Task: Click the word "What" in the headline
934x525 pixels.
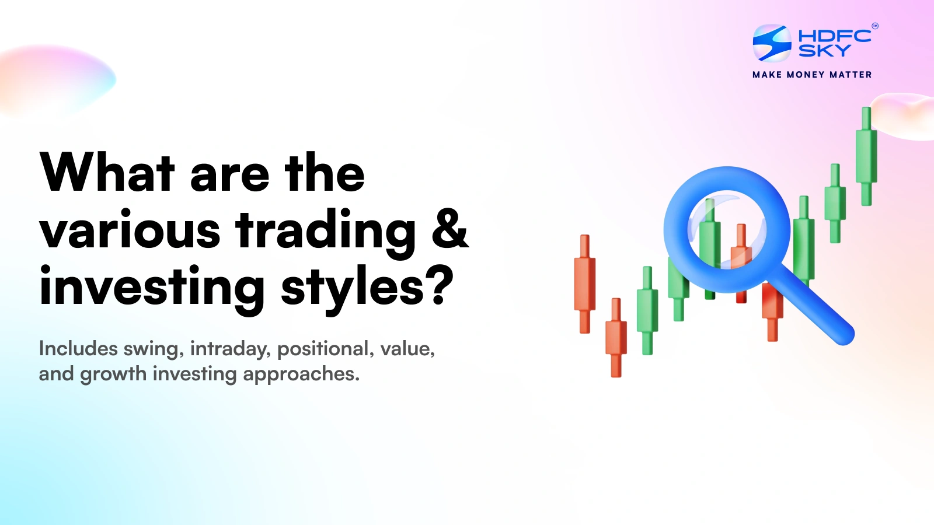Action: click(x=107, y=173)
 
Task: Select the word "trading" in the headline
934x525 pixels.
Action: click(x=326, y=231)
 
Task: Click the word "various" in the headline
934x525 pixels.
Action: click(x=130, y=231)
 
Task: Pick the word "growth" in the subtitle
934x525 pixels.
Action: click(x=113, y=374)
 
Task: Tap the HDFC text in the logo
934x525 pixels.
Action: click(x=835, y=36)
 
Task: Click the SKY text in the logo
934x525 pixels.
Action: click(x=824, y=51)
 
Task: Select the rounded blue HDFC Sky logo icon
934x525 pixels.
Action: click(x=772, y=43)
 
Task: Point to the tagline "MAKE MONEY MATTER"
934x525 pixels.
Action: click(x=812, y=75)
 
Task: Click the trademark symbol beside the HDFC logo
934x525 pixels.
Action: click(x=874, y=26)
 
